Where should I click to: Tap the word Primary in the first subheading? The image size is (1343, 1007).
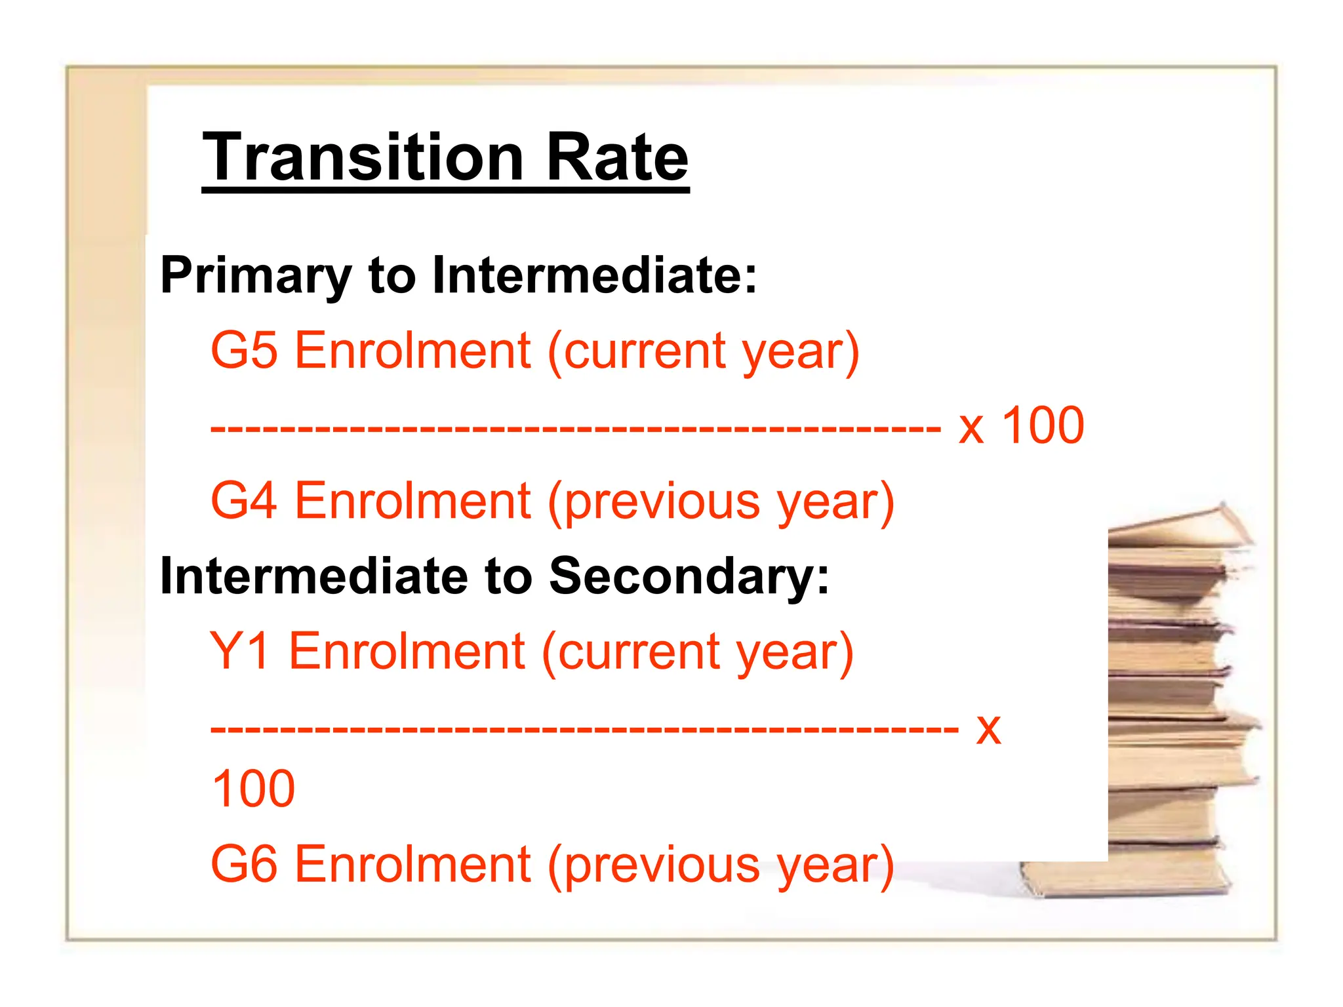click(x=256, y=275)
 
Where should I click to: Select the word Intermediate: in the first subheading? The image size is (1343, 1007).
click(x=594, y=275)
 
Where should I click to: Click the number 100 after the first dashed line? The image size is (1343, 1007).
click(x=1043, y=426)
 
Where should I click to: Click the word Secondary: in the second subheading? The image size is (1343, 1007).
click(x=689, y=576)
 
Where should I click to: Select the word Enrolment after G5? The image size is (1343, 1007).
click(x=412, y=351)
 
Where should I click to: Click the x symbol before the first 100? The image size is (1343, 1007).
click(x=971, y=429)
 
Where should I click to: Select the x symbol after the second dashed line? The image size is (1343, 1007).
click(x=988, y=729)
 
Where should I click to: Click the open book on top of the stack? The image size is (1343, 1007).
click(x=1180, y=528)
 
